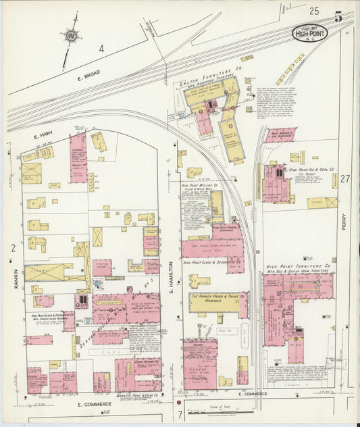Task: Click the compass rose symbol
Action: (70, 36)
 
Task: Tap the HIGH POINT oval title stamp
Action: (308, 32)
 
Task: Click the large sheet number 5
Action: (338, 16)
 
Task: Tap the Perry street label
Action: (343, 222)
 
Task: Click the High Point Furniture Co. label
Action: (298, 266)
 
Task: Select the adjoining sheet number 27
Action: (345, 179)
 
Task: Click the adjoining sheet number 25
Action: (313, 11)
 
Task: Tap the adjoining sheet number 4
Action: (101, 48)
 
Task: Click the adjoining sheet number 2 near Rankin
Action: (13, 249)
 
